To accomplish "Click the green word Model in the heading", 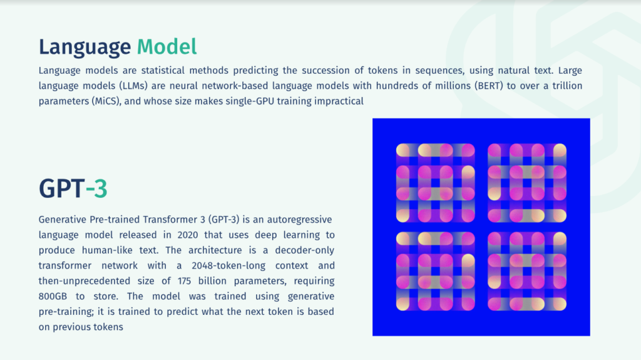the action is point(167,46).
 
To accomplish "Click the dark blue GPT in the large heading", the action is point(62,188).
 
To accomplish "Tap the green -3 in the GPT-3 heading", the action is point(96,188).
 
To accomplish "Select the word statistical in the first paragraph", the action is point(163,70).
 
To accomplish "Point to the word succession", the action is point(326,70).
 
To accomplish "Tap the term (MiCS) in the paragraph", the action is point(106,101).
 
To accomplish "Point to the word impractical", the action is point(339,101).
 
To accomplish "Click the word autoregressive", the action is point(299,220).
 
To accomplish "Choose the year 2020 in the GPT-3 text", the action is point(188,235).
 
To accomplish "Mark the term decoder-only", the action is point(305,250).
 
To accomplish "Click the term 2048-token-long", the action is point(228,265).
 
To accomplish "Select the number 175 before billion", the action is point(185,281).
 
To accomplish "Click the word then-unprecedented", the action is point(85,281).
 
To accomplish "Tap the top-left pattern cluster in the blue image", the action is point(436,183).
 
